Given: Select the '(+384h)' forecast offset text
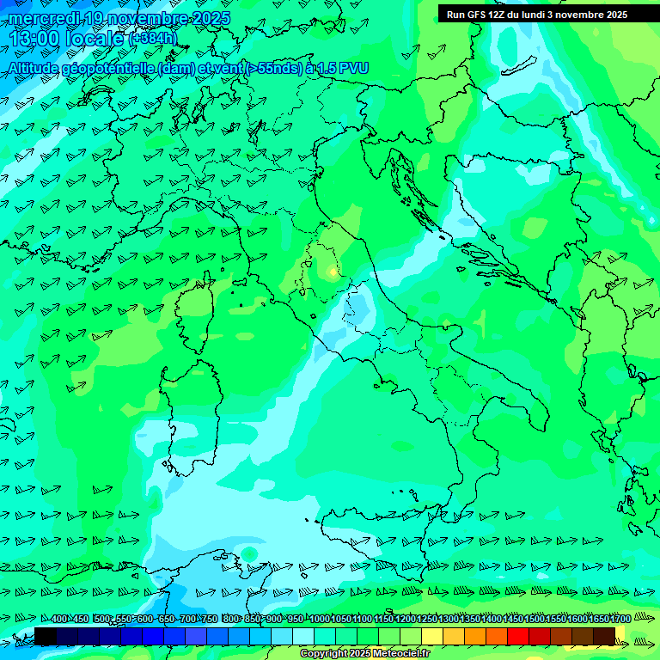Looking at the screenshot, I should pyautogui.click(x=153, y=39).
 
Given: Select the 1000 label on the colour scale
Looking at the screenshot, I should pyautogui.click(x=320, y=620).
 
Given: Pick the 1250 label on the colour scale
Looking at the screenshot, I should pyautogui.click(x=427, y=620).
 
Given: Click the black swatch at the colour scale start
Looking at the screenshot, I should pyautogui.click(x=46, y=636).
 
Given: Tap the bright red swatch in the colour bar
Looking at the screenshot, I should pyautogui.click(x=518, y=636).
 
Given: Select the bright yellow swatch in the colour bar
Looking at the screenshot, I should pyautogui.click(x=432, y=636).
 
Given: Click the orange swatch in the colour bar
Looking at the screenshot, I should pyautogui.click(x=475, y=636).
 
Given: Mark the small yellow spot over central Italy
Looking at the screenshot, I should pyautogui.click(x=333, y=272).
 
